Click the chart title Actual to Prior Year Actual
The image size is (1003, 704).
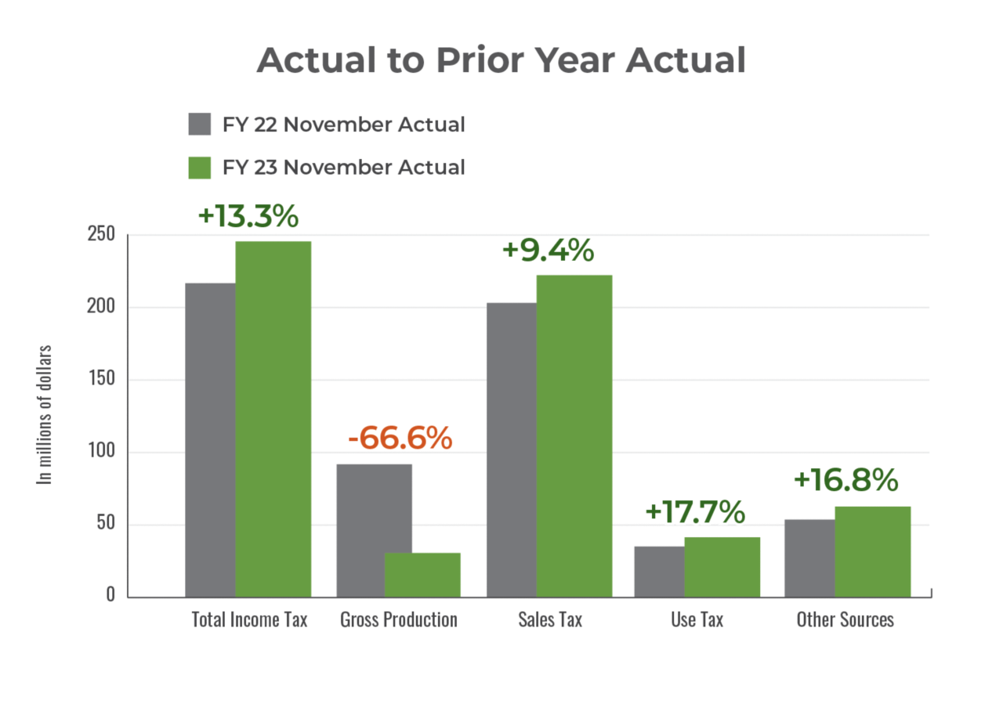coord(501,61)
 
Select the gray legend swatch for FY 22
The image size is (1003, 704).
coord(200,125)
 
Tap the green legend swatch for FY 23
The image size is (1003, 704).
coord(200,168)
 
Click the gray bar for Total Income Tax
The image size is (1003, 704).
coord(209,439)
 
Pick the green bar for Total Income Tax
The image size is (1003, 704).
coord(273,418)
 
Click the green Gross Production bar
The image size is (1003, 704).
coord(423,574)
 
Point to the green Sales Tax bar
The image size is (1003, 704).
coord(574,435)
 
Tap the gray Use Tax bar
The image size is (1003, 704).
coord(658,571)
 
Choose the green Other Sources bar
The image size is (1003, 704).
coord(873,551)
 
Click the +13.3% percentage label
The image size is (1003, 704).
coord(248,216)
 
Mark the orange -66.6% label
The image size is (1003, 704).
coord(400,439)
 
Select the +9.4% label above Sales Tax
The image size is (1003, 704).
coord(548,251)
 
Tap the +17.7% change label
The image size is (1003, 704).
coord(694,511)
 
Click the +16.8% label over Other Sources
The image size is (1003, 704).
coord(845,480)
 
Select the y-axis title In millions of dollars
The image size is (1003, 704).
coord(46,415)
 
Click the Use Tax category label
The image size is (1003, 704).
coord(697,619)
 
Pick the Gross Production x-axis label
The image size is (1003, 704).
coord(399,619)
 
